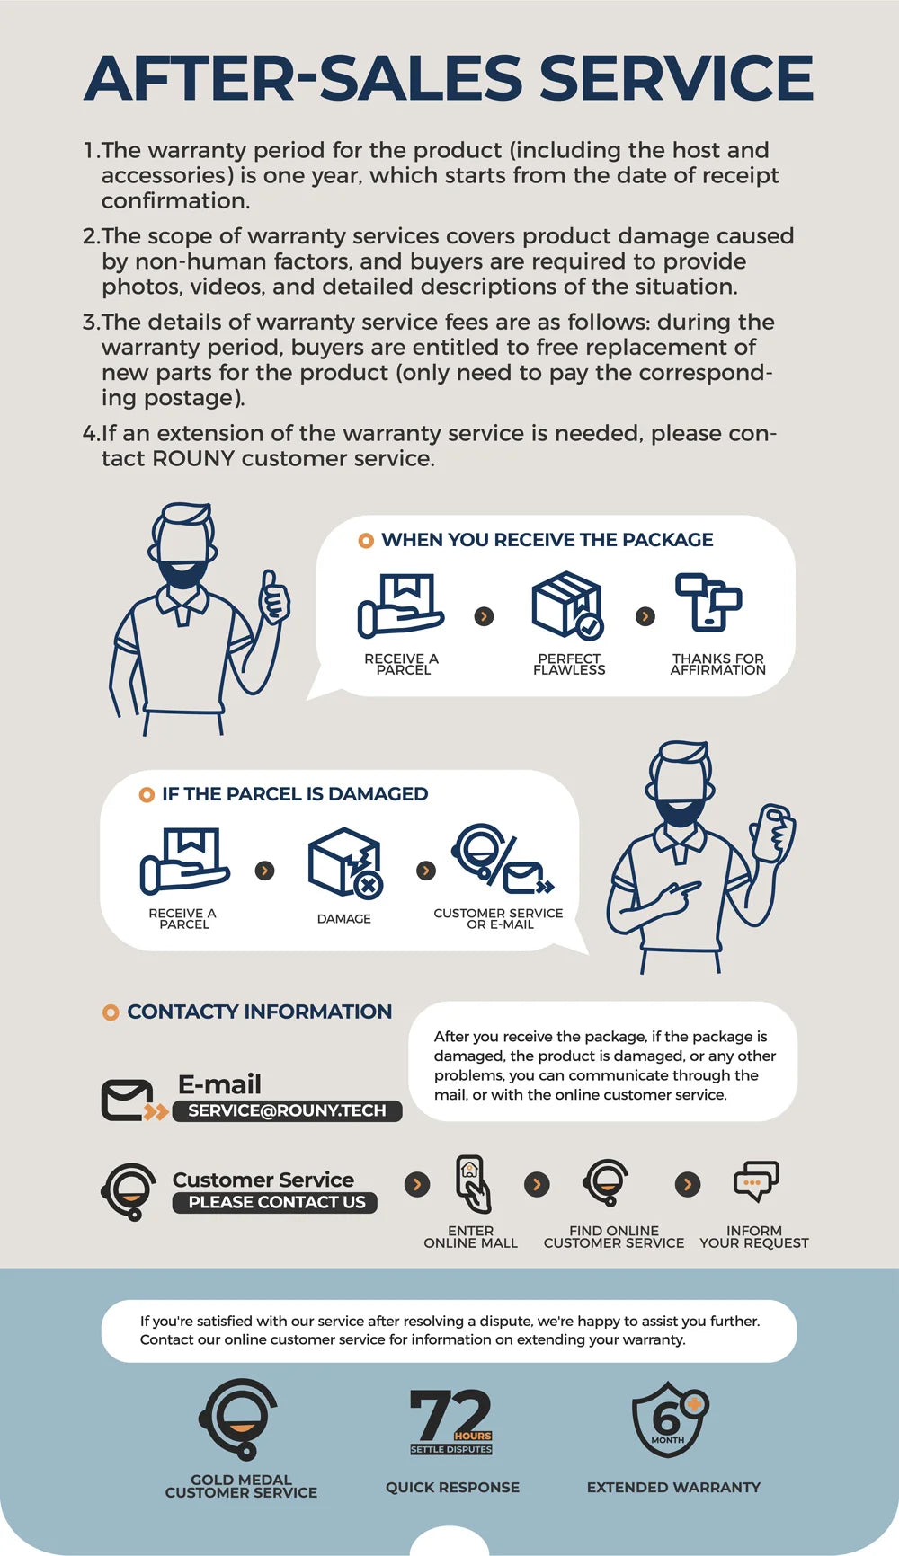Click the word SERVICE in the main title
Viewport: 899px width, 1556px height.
[x=676, y=78]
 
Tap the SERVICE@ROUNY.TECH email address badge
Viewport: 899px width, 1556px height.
[x=287, y=1110]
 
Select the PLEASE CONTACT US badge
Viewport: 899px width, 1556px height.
[x=275, y=1202]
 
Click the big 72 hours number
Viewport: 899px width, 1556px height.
[x=449, y=1415]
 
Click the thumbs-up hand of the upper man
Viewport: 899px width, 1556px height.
[x=274, y=595]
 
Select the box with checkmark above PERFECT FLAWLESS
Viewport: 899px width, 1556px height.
[x=567, y=605]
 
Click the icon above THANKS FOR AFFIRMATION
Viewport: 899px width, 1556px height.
[x=708, y=602]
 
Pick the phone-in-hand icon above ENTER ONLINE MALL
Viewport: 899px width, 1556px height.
[x=472, y=1184]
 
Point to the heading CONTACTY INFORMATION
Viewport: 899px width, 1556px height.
[x=260, y=1012]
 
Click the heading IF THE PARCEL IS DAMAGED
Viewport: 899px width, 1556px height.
[x=295, y=794]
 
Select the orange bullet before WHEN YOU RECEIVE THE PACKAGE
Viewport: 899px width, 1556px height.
[x=366, y=541]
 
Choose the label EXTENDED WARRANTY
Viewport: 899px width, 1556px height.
[x=673, y=1487]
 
